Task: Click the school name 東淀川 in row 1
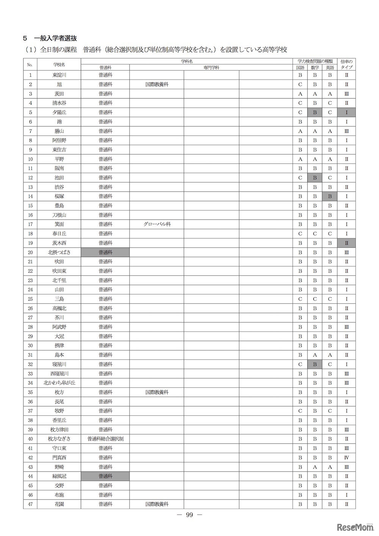coord(59,75)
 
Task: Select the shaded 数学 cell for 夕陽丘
coord(315,112)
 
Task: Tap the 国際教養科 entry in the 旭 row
coord(157,85)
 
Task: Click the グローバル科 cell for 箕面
coord(157,224)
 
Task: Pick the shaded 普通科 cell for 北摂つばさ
coord(105,252)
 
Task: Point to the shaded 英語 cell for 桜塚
coord(330,196)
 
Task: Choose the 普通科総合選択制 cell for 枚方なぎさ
coord(105,439)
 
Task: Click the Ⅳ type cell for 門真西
coord(346,458)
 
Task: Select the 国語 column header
coord(300,67)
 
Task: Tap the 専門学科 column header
coord(211,67)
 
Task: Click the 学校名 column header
coord(59,64)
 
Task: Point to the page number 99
coord(189,515)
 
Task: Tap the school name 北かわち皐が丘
coord(59,383)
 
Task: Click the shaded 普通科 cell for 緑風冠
coord(105,476)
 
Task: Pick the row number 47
coord(30,504)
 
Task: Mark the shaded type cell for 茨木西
coord(346,243)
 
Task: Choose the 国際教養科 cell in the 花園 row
coord(157,504)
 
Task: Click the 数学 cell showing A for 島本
coord(315,355)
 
